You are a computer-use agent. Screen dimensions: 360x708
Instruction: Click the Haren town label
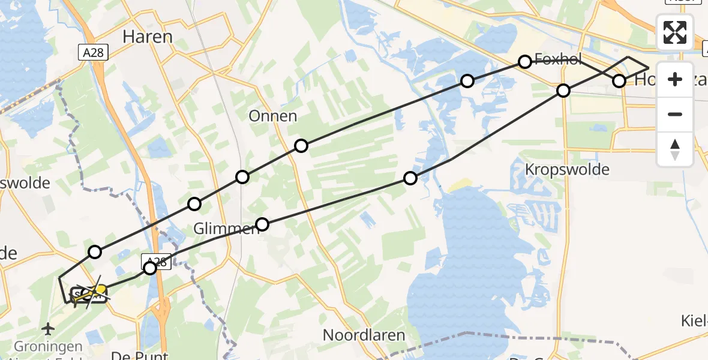tap(147, 37)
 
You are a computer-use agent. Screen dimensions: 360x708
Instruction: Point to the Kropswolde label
tap(567, 169)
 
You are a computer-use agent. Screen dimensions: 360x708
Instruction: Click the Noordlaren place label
tap(364, 335)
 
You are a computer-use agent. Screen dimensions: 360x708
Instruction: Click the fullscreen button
tap(675, 32)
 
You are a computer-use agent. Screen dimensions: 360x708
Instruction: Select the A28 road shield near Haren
tap(93, 53)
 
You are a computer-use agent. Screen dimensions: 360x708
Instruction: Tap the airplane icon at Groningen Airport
tap(49, 329)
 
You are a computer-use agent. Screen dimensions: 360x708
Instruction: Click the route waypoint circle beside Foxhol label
tap(525, 61)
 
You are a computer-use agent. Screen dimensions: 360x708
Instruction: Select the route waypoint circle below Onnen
tap(301, 146)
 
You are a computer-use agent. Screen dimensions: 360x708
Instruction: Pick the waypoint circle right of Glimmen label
tap(262, 225)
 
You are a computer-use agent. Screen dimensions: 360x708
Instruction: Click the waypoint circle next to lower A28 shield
tap(150, 268)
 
